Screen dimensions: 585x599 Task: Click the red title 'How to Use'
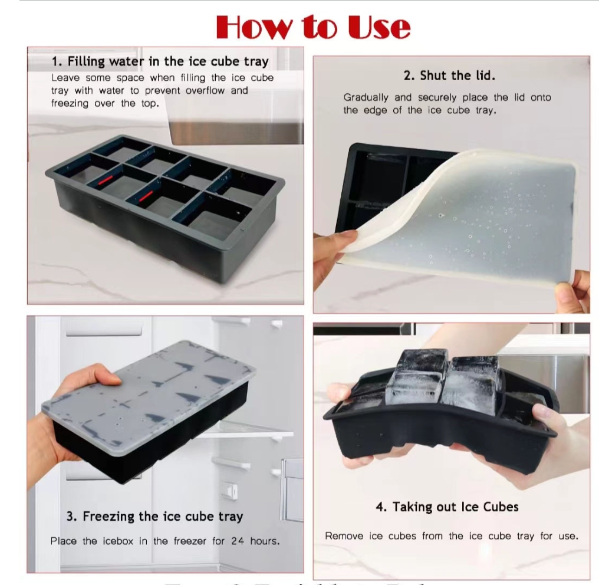pyautogui.click(x=313, y=27)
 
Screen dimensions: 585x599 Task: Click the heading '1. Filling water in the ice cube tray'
pyautogui.click(x=160, y=61)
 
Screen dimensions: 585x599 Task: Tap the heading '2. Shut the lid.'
pyautogui.click(x=449, y=75)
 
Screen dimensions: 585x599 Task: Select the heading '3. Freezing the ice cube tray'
pyautogui.click(x=154, y=517)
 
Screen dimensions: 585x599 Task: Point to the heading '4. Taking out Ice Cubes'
pyautogui.click(x=447, y=507)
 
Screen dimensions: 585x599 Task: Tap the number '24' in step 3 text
pyautogui.click(x=237, y=541)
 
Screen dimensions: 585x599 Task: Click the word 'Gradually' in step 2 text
pyautogui.click(x=366, y=97)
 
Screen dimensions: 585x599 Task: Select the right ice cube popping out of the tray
pyautogui.click(x=472, y=380)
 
